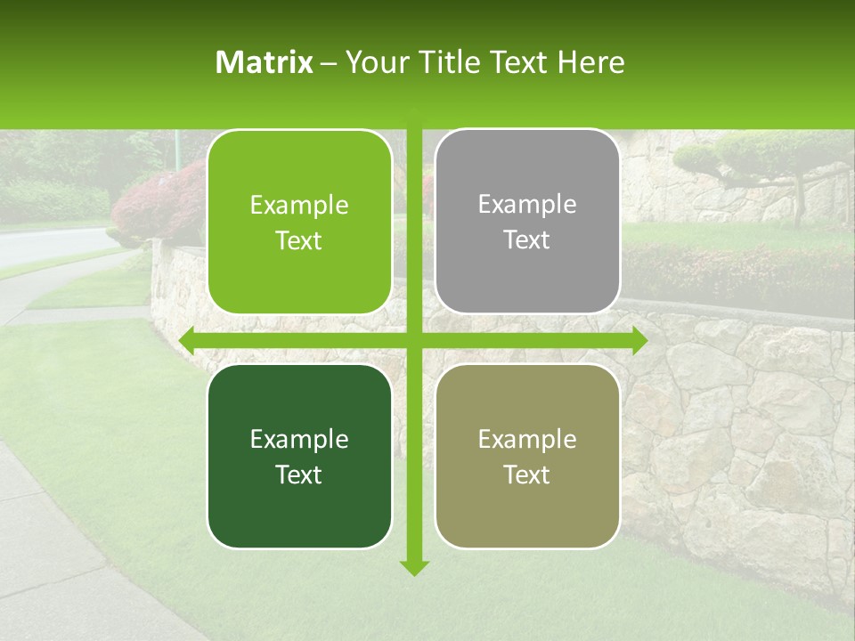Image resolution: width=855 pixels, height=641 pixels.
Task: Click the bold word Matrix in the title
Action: tap(265, 62)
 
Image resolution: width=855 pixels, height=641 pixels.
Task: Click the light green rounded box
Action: tap(299, 222)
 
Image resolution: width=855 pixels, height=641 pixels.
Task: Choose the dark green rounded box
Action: tap(299, 456)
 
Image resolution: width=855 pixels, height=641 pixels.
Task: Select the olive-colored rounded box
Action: tap(527, 456)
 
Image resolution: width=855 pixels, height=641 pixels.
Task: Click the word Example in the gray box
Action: tap(527, 205)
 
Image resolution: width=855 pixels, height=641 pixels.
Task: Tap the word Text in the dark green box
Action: tap(299, 475)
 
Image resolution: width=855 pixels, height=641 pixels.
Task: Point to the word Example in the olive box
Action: tap(527, 439)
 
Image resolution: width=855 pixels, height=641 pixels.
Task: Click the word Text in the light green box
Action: tap(299, 240)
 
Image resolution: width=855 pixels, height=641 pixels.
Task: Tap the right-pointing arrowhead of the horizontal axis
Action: tap(639, 340)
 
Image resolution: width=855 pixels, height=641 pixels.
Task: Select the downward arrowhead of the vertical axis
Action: tap(414, 567)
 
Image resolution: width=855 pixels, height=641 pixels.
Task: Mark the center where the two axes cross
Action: tap(414, 340)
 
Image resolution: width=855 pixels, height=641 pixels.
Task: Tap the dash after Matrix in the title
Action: tap(329, 63)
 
